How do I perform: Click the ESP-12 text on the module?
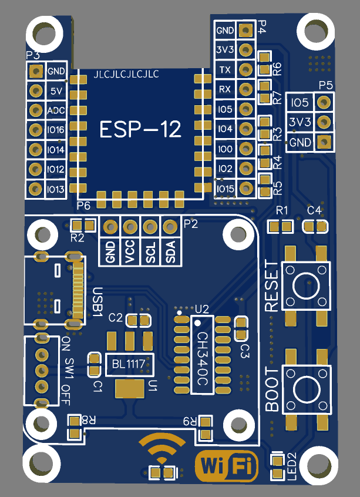pyautogui.click(x=140, y=129)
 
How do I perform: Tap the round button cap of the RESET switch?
pyautogui.click(x=306, y=286)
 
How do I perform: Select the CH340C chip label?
pyautogui.click(x=202, y=359)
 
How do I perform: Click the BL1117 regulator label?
pyautogui.click(x=129, y=364)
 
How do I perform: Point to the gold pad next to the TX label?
pyautogui.click(x=246, y=69)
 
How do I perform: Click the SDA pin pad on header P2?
pyautogui.click(x=170, y=226)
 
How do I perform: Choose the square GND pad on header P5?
pyautogui.click(x=324, y=141)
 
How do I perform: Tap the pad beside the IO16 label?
pyautogui.click(x=35, y=130)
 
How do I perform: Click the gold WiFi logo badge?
pyautogui.click(x=227, y=466)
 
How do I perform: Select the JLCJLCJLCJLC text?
pyautogui.click(x=126, y=75)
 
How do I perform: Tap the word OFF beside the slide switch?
pyautogui.click(x=66, y=395)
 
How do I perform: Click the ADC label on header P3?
pyautogui.click(x=56, y=110)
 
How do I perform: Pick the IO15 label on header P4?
pyautogui.click(x=226, y=189)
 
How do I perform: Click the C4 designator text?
pyautogui.click(x=314, y=210)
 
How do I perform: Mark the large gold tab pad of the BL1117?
pyautogui.click(x=130, y=388)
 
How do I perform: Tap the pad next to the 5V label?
pyautogui.click(x=36, y=91)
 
